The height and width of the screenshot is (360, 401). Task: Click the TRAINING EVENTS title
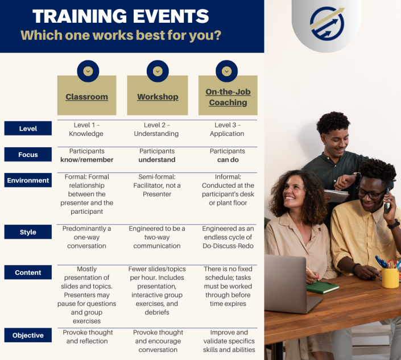pyautogui.click(x=121, y=15)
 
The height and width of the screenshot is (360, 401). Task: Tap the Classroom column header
pyautogui.click(x=86, y=97)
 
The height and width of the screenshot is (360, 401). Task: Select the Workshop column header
pyautogui.click(x=158, y=97)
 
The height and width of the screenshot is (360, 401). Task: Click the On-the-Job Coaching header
pyautogui.click(x=228, y=97)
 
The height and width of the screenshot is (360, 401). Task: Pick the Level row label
pyautogui.click(x=28, y=129)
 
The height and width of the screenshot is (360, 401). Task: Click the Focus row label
pyautogui.click(x=28, y=155)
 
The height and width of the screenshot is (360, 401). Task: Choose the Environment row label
pyautogui.click(x=28, y=180)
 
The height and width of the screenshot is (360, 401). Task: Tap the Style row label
pyautogui.click(x=28, y=232)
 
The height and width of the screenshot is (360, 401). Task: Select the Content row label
pyautogui.click(x=28, y=272)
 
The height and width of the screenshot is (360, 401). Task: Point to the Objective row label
pyautogui.click(x=28, y=336)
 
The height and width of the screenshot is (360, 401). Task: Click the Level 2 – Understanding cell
pyautogui.click(x=156, y=130)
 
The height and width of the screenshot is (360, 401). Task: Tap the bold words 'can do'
pyautogui.click(x=227, y=160)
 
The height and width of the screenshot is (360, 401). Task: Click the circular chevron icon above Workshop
pyautogui.click(x=158, y=71)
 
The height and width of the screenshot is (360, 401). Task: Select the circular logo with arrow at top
pyautogui.click(x=326, y=23)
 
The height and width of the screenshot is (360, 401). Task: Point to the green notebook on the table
pyautogui.click(x=323, y=287)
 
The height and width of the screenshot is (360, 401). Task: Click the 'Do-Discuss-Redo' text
pyautogui.click(x=227, y=246)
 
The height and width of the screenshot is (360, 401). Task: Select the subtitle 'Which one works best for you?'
pyautogui.click(x=121, y=35)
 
